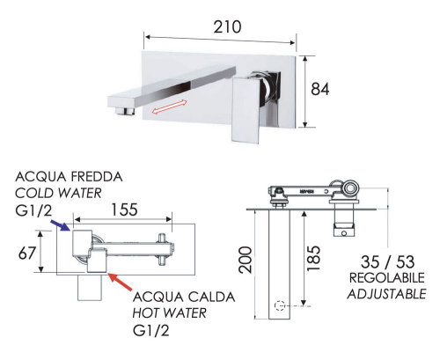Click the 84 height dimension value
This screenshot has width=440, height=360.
point(328,90)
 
